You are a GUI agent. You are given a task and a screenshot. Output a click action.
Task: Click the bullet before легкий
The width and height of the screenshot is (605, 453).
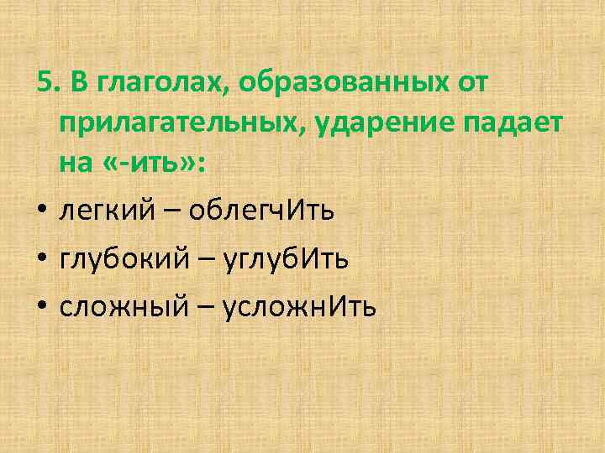point(42,211)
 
